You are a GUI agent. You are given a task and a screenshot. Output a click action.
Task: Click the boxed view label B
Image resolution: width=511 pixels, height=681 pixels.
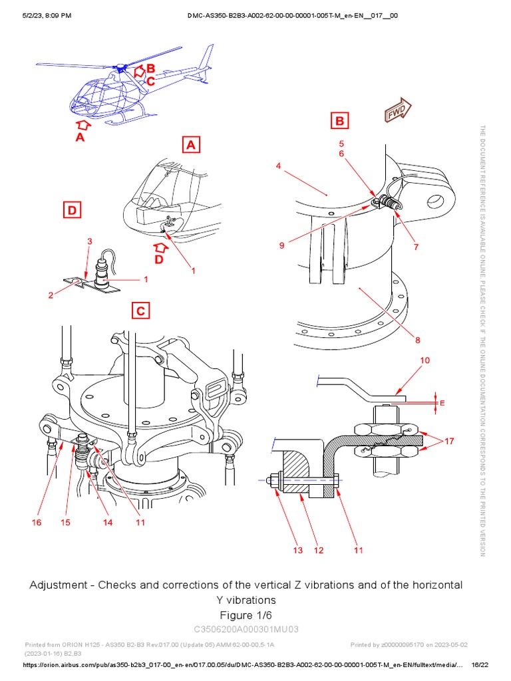coord(340,121)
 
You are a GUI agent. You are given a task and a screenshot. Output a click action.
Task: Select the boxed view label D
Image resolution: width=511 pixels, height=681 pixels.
coord(72,211)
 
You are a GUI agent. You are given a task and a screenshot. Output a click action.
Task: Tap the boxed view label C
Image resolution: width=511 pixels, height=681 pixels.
coord(140,311)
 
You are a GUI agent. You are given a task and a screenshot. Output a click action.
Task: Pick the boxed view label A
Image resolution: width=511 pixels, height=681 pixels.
coord(191,144)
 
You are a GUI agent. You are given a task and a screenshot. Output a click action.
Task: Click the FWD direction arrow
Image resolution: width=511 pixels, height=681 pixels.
coord(397,111)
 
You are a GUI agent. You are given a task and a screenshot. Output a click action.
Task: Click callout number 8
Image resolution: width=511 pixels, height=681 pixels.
coord(418,340)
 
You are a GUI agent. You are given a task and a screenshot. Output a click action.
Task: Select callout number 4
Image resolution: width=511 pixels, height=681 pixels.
coord(279,166)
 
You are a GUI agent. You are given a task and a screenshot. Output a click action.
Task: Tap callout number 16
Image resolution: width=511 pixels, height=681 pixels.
coord(37,523)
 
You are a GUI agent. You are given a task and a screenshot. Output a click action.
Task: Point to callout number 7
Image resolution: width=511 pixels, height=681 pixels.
coord(417,247)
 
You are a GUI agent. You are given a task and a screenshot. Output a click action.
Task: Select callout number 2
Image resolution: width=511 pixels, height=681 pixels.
coord(50,295)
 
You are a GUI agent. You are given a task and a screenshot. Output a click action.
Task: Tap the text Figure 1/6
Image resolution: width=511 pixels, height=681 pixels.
coord(246,614)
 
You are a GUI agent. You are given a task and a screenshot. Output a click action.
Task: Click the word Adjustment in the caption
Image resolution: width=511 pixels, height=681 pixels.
coord(61,585)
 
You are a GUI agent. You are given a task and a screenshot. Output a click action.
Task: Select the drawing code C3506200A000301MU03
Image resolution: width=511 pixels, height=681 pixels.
coord(246,629)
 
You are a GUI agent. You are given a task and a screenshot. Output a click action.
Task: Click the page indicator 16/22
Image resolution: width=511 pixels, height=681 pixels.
coord(480,665)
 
